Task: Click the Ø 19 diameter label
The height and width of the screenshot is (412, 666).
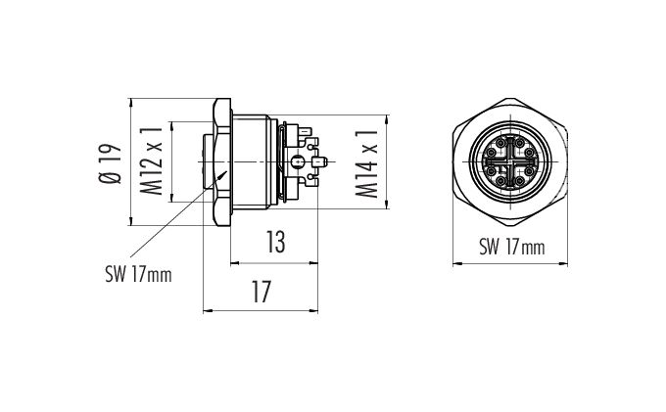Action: [110, 163]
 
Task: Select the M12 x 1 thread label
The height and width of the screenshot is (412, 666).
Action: [152, 160]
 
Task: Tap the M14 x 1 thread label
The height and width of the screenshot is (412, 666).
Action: [366, 163]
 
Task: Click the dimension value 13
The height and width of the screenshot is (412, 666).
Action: [275, 242]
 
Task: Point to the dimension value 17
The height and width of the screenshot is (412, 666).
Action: [262, 292]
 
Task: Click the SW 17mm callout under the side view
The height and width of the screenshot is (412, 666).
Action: [138, 275]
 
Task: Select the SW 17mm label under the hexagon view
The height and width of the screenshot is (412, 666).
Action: [512, 247]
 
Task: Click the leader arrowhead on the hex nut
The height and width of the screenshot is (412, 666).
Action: [223, 174]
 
